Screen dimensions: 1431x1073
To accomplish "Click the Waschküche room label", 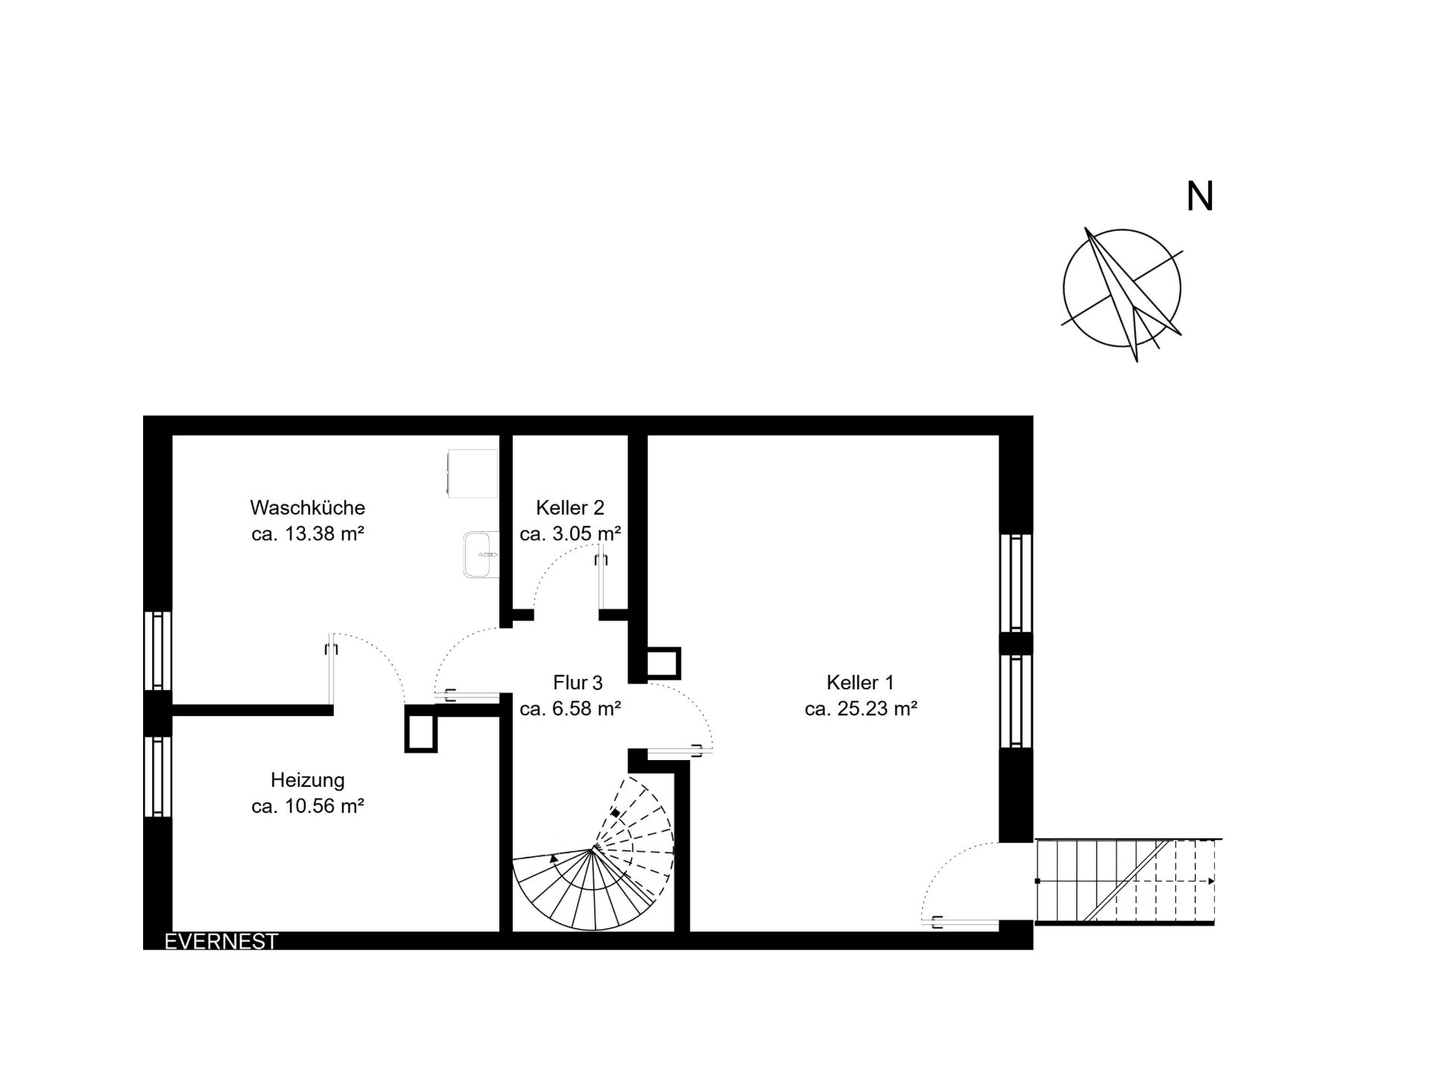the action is click(307, 507).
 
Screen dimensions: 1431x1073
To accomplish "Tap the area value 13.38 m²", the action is click(324, 534).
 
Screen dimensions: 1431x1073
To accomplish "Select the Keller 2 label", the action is click(570, 507).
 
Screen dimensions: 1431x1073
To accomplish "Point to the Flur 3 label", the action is click(578, 682).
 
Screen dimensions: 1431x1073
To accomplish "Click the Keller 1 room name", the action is click(860, 682).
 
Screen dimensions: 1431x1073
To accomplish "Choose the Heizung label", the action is click(307, 780).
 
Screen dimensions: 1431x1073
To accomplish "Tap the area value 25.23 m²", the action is click(877, 708).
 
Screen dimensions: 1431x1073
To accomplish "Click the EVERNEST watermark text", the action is click(221, 941).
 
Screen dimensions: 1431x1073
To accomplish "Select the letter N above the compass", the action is click(1200, 196).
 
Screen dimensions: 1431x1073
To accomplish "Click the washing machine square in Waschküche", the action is click(472, 473).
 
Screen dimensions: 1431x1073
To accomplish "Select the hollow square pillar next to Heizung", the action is click(420, 728).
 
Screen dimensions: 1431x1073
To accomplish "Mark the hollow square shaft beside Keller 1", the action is click(663, 663).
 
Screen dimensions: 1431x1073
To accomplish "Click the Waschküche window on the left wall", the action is click(157, 651).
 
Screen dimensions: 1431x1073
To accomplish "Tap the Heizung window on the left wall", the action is click(157, 776).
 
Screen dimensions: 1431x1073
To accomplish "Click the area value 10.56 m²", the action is click(324, 805).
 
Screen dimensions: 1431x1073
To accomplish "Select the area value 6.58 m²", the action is click(587, 708).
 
